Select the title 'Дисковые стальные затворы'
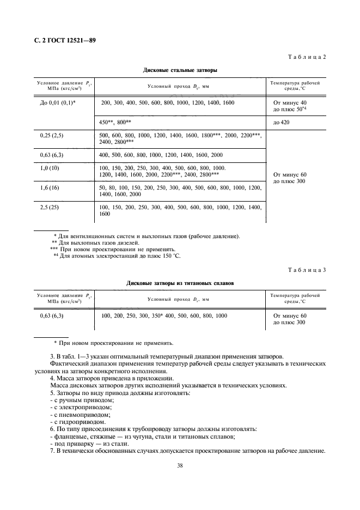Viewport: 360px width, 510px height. [180, 70]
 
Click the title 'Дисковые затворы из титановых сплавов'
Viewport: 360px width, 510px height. [180, 283]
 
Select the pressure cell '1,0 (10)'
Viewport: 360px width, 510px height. [52, 168]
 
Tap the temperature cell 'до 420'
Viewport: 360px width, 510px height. [282, 122]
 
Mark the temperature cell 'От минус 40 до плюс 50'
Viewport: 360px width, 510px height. [292, 106]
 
